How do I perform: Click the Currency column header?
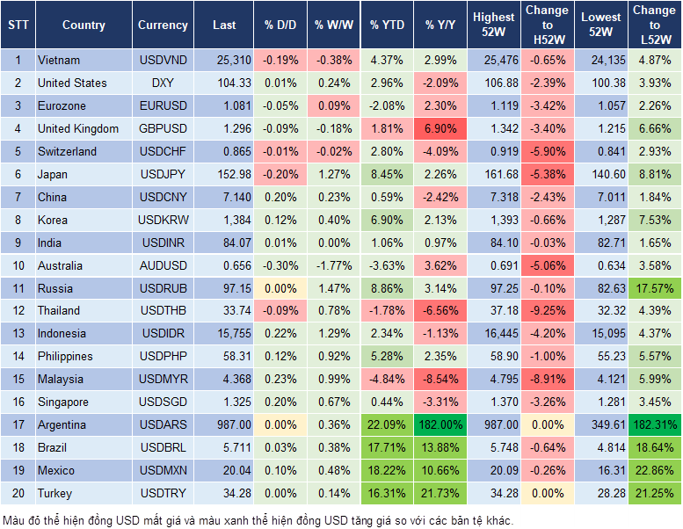click(163, 25)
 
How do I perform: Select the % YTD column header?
click(387, 25)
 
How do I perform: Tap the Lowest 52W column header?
click(600, 25)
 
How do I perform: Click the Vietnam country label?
click(59, 61)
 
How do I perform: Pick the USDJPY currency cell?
click(163, 174)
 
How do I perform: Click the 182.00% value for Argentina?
click(441, 424)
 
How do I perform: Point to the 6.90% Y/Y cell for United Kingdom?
click(441, 129)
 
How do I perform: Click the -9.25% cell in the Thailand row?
click(548, 311)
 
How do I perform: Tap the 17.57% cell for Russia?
click(655, 288)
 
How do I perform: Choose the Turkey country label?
click(55, 493)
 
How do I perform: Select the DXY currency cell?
click(163, 83)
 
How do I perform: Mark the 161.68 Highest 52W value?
click(494, 174)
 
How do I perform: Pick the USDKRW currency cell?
click(163, 220)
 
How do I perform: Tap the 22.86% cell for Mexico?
click(655, 470)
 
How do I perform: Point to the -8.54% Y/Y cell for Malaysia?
click(441, 380)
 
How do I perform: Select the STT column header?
click(18, 25)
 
